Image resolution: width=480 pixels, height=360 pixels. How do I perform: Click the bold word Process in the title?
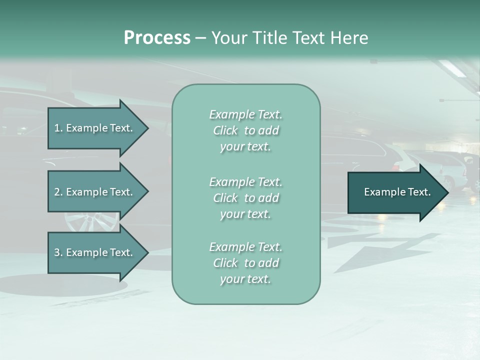[157, 38]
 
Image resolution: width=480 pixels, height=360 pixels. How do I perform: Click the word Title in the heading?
[269, 38]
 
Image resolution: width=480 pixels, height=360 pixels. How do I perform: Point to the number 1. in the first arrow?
[58, 128]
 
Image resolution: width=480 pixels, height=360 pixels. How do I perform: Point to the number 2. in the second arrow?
[58, 192]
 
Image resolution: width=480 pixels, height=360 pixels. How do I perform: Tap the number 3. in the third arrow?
[58, 252]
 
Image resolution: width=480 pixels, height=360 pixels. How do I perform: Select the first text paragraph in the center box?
[245, 130]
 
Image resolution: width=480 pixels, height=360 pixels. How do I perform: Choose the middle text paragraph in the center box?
[245, 197]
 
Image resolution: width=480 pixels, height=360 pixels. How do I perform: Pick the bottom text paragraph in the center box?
[245, 263]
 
